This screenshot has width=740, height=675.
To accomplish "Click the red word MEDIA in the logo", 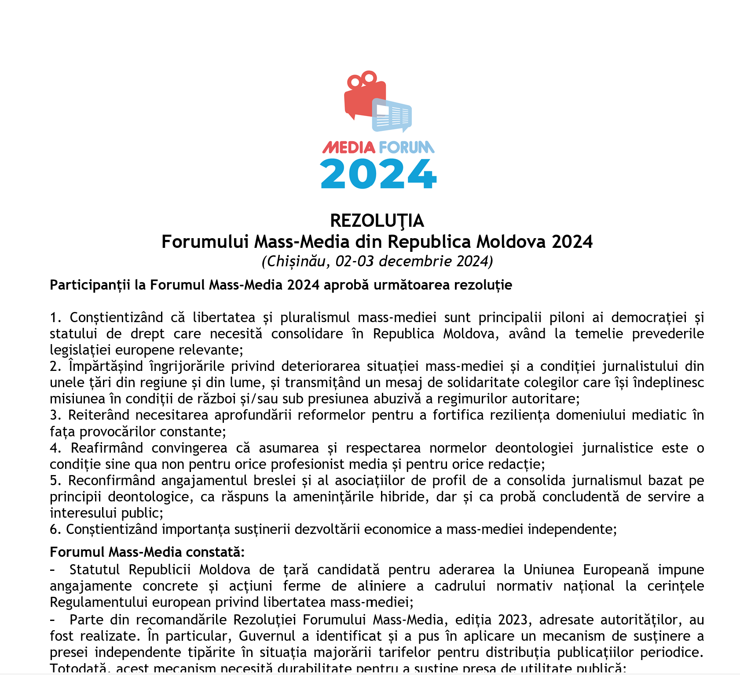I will (349, 147).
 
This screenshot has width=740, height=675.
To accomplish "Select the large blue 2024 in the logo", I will (378, 174).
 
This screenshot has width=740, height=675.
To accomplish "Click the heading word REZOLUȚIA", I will (377, 221).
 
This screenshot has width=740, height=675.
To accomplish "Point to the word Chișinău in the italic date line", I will (296, 261).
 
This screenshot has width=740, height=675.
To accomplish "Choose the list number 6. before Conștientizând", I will (55, 529).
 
